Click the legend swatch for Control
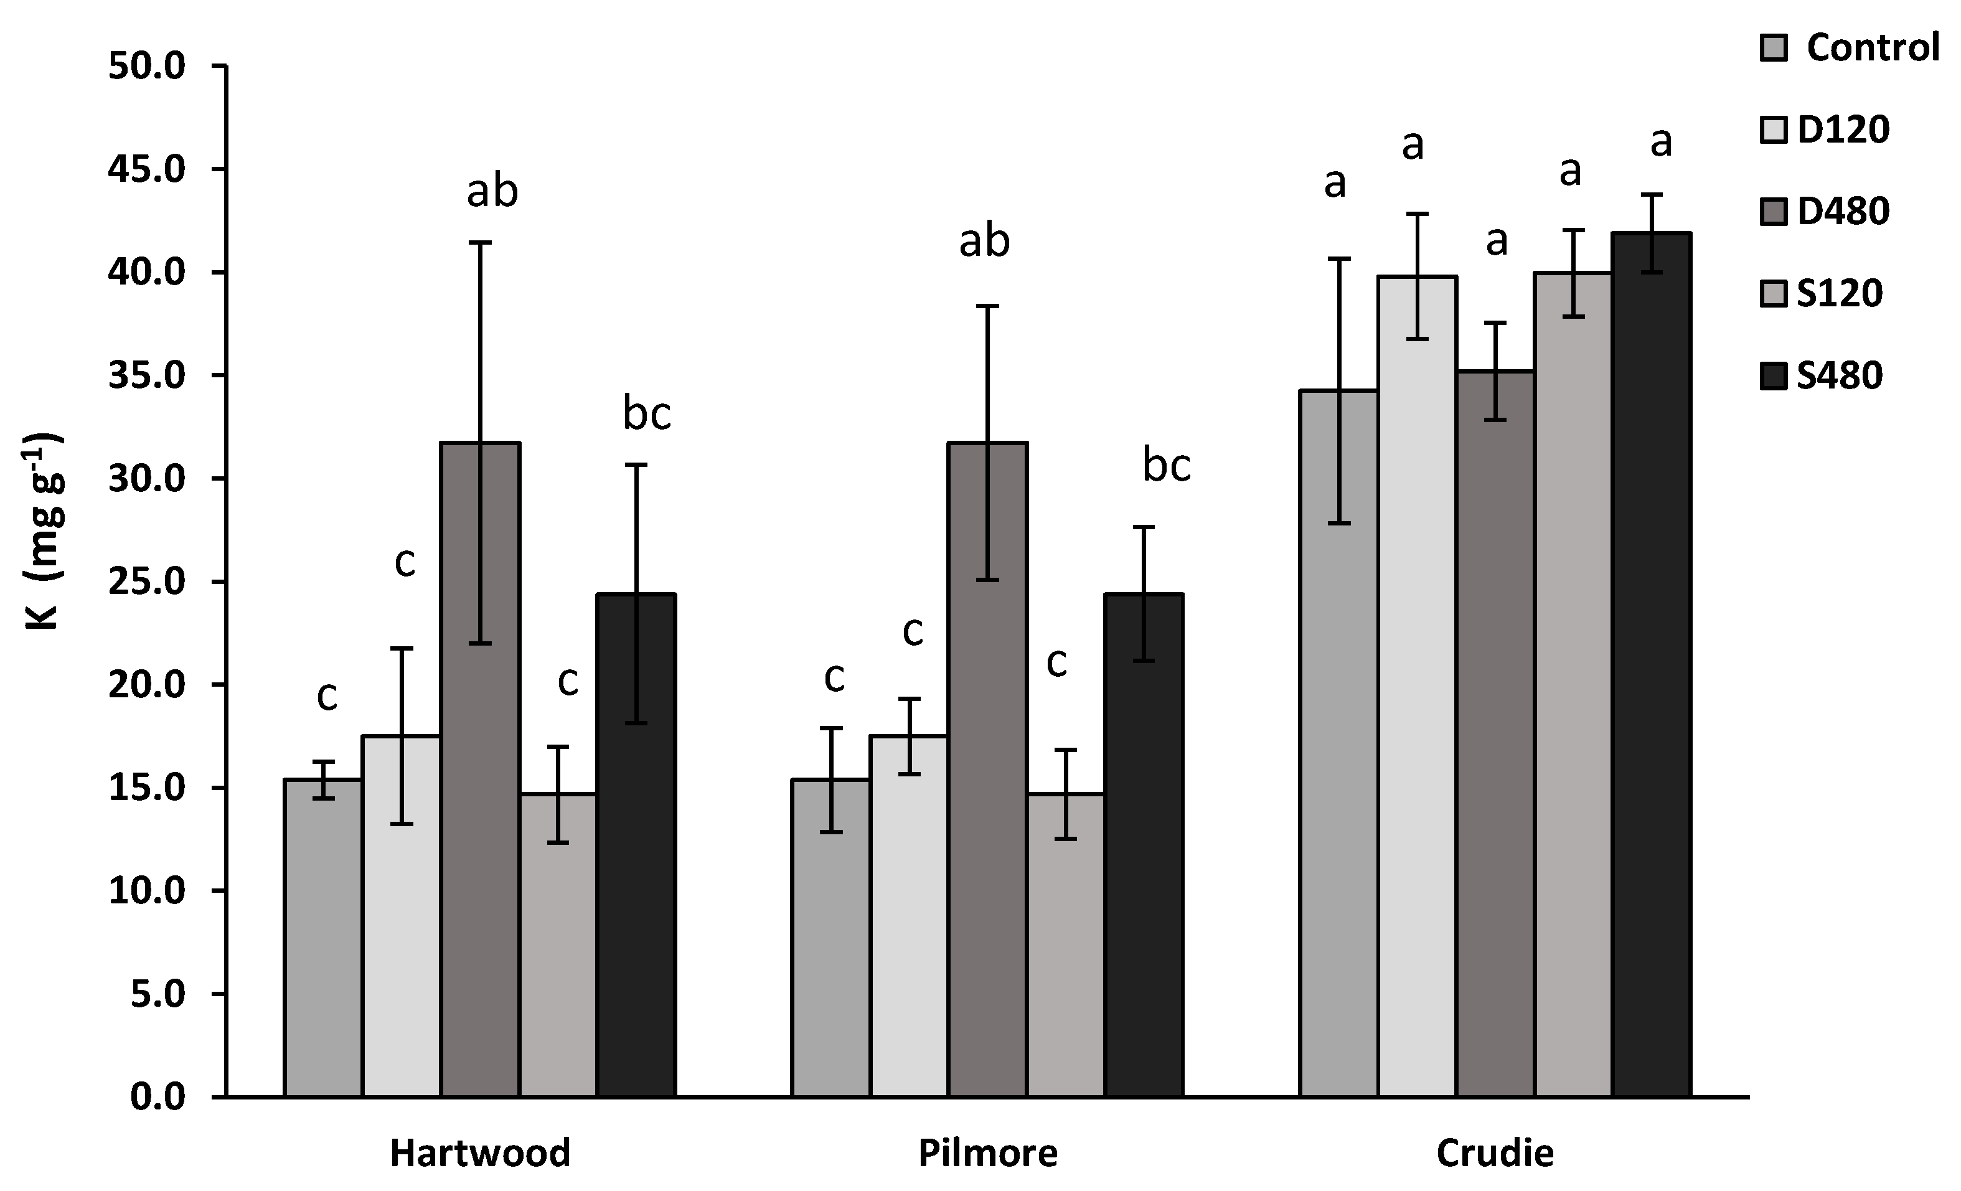tap(1774, 48)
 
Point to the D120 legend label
tap(1843, 129)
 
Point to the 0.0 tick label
tap(158, 1097)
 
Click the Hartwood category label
tap(481, 1154)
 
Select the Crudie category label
tap(1495, 1154)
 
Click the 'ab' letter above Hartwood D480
tap(492, 191)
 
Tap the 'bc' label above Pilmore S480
tap(1166, 466)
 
